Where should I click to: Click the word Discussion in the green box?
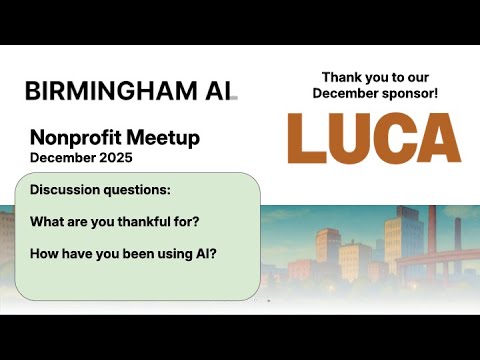click(66, 190)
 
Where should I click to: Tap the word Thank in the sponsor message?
click(339, 77)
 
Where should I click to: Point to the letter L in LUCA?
click(306, 138)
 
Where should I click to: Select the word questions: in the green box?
click(137, 190)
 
